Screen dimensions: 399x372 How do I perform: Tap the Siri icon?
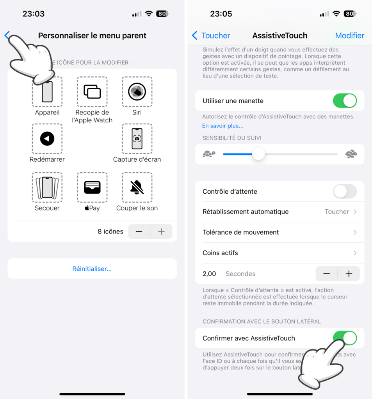tap(137, 92)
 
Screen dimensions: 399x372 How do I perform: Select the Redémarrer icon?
tap(47, 139)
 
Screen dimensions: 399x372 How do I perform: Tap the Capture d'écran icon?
tap(137, 139)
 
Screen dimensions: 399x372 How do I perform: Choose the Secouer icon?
tap(47, 187)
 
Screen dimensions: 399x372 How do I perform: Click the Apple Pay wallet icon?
tap(92, 187)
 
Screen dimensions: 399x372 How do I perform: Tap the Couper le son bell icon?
tap(137, 187)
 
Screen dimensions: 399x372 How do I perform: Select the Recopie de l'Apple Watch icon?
tap(92, 92)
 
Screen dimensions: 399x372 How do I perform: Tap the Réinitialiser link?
tap(92, 269)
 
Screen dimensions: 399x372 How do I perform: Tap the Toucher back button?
tap(211, 35)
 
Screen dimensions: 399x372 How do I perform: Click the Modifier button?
tap(349, 35)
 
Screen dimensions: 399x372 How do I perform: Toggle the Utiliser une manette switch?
tap(345, 101)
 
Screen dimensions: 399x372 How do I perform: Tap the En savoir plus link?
tap(222, 126)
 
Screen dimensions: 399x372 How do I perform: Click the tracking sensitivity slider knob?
tap(258, 154)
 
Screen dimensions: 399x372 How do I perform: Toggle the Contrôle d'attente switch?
tap(345, 191)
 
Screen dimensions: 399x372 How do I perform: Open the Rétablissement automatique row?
tap(279, 212)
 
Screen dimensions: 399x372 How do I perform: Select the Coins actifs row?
tap(279, 253)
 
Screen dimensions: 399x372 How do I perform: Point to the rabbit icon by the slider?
tap(351, 154)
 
